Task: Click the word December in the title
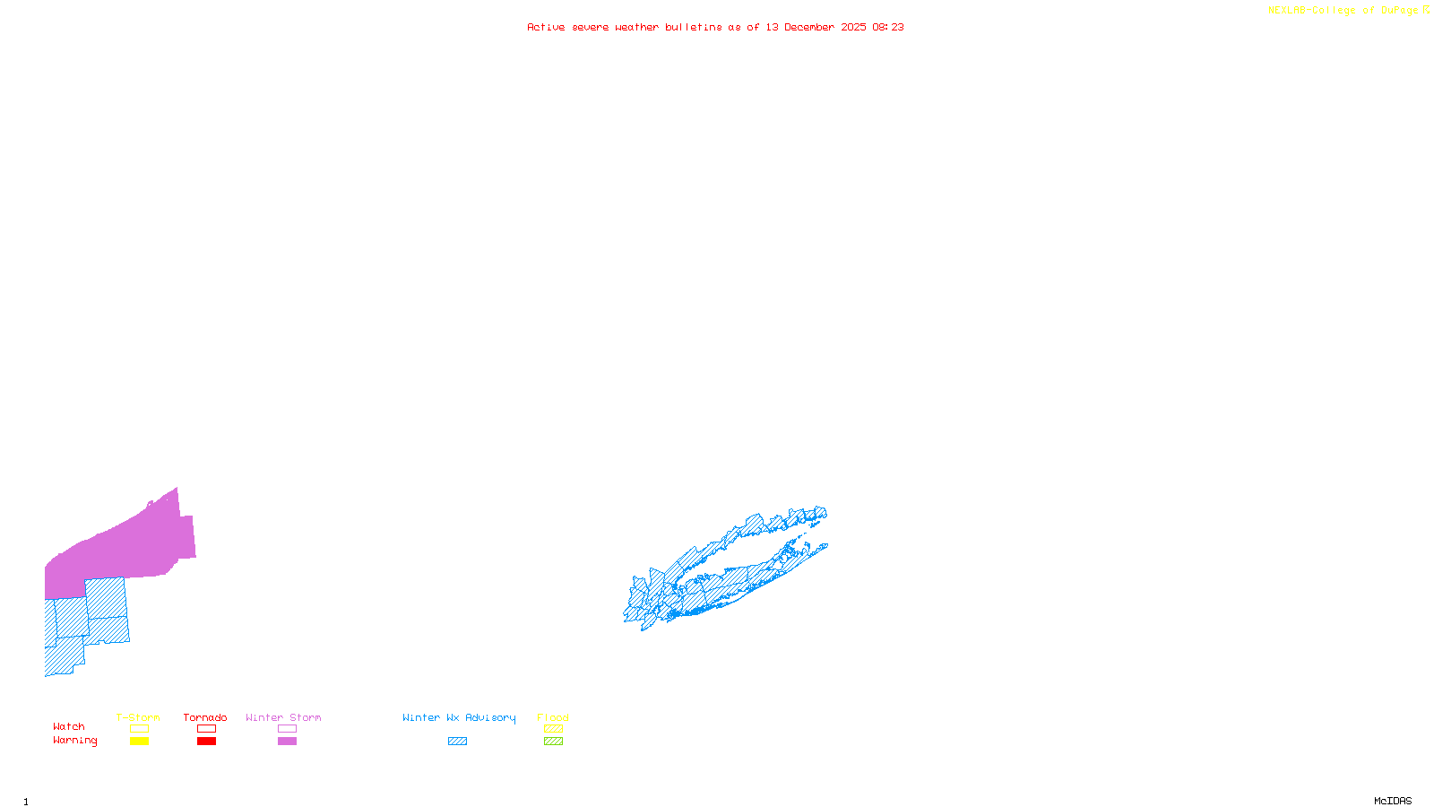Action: [809, 27]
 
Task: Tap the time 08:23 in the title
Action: [887, 27]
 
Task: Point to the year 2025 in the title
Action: [853, 27]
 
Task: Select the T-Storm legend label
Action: [138, 717]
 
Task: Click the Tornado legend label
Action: [205, 717]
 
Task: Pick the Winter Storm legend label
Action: [283, 717]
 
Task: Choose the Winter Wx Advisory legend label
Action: [459, 717]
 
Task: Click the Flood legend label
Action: [553, 717]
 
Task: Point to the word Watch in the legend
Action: [69, 726]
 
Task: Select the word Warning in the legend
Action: [75, 741]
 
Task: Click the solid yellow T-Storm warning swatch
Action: [139, 742]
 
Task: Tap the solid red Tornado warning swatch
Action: [206, 742]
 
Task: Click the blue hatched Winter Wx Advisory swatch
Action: [457, 742]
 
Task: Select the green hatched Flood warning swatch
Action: [553, 742]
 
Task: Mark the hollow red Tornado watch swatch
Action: [206, 729]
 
